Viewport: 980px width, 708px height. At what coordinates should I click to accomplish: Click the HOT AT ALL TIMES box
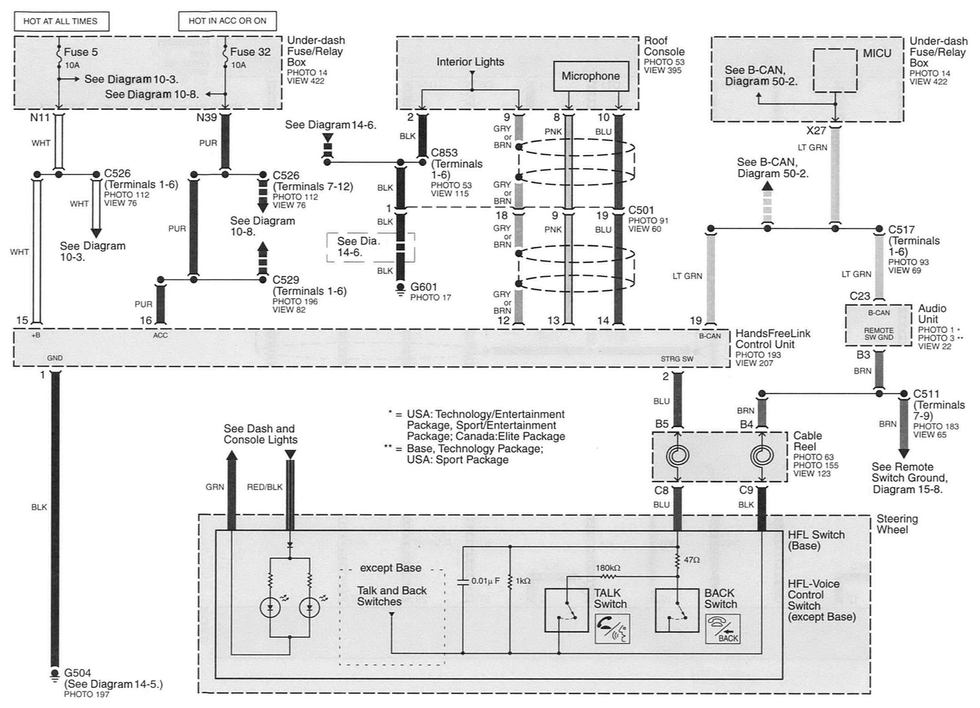click(61, 21)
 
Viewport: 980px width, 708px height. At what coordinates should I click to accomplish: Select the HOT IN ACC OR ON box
click(227, 21)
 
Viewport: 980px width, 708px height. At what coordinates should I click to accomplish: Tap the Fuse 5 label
click(81, 52)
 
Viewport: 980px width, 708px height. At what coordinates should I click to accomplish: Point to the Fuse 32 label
click(250, 52)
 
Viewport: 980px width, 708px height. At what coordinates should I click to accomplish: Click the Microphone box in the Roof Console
click(590, 76)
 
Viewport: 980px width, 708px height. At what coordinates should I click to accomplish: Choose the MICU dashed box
click(835, 70)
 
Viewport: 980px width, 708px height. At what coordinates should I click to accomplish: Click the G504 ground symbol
click(55, 676)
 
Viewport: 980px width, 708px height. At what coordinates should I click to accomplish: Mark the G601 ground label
click(424, 287)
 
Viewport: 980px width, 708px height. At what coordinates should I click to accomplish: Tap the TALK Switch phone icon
click(612, 629)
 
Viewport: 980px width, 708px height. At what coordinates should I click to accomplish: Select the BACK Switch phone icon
click(723, 629)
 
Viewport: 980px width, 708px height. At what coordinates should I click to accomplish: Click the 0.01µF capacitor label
click(485, 581)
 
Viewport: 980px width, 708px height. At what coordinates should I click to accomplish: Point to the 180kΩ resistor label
click(608, 568)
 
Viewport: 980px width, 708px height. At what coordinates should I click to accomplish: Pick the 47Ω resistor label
click(692, 560)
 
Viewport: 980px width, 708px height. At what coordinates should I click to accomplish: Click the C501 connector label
click(641, 210)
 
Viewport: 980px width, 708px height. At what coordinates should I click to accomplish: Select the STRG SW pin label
click(676, 359)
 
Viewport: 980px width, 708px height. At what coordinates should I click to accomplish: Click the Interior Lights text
click(470, 62)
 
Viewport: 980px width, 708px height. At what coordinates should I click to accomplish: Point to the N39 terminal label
click(206, 117)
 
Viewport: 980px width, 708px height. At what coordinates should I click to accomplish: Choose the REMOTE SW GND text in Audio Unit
click(878, 334)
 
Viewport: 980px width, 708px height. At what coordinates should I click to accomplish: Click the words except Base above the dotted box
click(391, 567)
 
